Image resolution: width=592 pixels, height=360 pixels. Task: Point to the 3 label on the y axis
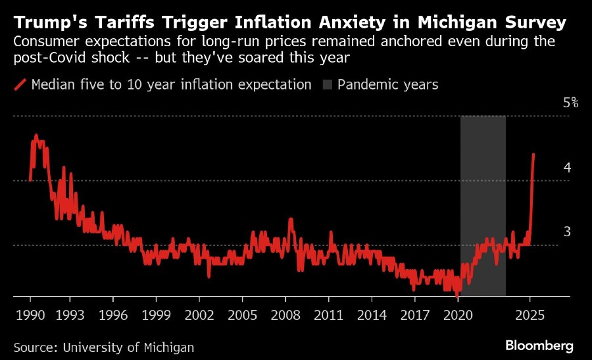566,232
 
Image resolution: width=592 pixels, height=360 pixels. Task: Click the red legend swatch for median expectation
20,84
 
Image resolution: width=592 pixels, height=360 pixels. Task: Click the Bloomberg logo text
539,346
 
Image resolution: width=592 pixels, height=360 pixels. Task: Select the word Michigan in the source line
170,347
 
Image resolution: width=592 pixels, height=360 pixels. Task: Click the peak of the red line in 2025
533,154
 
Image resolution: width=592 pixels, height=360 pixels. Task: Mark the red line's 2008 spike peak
290,219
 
